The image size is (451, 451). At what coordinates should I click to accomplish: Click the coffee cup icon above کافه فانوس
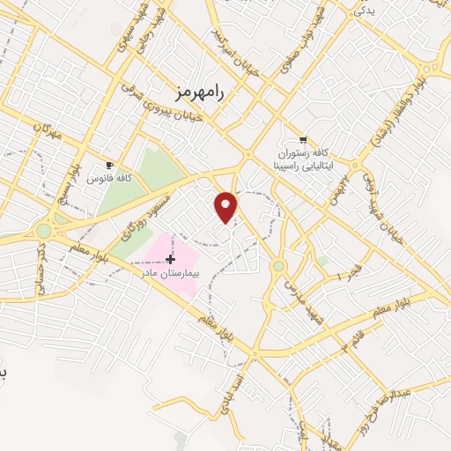109,165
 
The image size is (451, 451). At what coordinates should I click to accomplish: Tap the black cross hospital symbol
170,259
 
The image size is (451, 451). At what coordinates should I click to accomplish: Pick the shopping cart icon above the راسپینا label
304,139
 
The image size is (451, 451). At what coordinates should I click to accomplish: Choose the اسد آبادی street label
233,387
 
